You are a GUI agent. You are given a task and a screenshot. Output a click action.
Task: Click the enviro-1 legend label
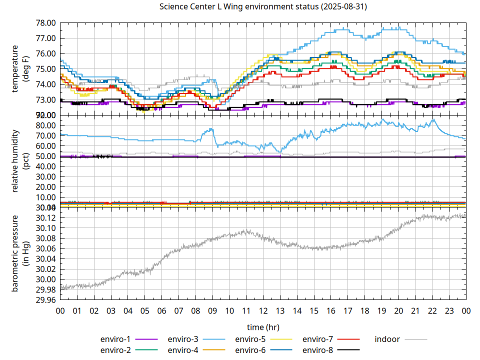115,339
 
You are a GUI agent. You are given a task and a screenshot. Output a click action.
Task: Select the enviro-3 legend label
183,339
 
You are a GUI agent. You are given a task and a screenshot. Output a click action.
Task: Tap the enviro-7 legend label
318,339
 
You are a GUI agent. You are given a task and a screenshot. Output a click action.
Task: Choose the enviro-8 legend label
318,349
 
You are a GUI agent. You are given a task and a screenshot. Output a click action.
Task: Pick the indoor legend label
387,339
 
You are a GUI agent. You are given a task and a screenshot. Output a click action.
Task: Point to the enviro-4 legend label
183,349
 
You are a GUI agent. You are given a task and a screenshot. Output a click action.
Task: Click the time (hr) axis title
263,327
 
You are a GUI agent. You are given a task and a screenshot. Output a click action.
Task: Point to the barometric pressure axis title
21,254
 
